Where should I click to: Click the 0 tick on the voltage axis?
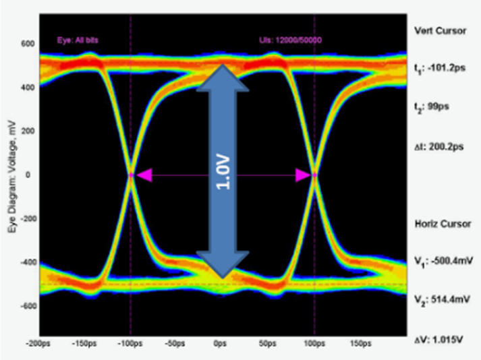[31, 175]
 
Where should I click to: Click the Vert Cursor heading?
[439, 30]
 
